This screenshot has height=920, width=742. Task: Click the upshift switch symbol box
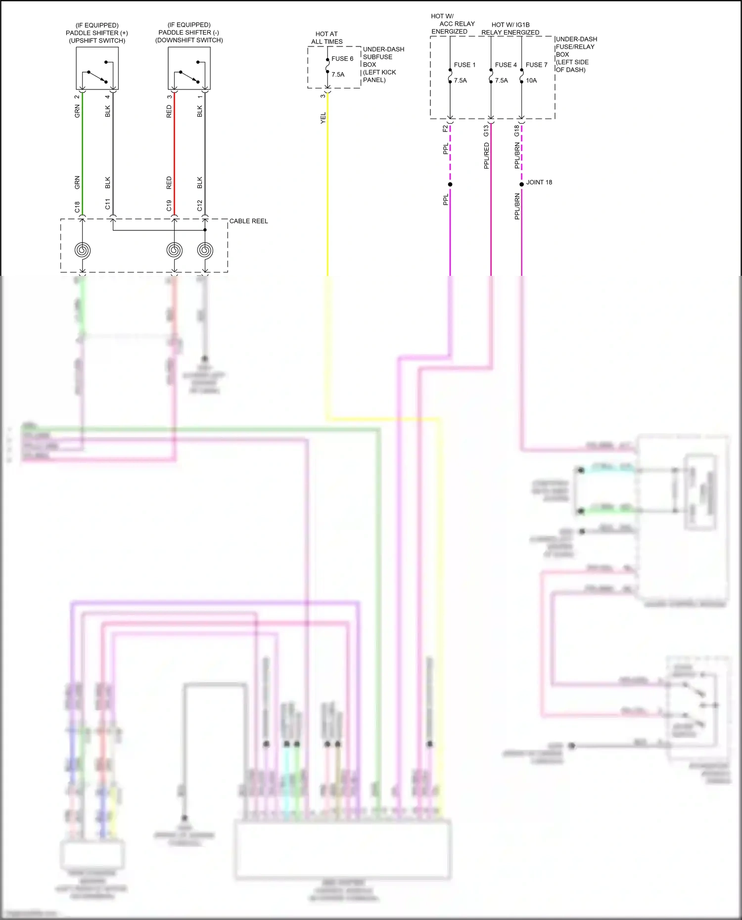pyautogui.click(x=97, y=68)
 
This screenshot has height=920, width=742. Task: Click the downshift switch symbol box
pyautogui.click(x=189, y=68)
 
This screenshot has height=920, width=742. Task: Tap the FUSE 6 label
pyautogui.click(x=342, y=59)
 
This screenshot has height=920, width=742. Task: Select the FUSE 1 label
pyautogui.click(x=464, y=65)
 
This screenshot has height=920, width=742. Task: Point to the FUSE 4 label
pyautogui.click(x=506, y=65)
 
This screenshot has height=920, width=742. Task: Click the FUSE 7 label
pyautogui.click(x=536, y=65)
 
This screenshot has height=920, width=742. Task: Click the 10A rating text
pyautogui.click(x=531, y=81)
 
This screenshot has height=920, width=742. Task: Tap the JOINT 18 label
pyautogui.click(x=539, y=182)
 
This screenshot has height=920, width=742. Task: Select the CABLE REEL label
pyautogui.click(x=248, y=221)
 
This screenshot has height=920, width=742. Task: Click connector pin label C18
pyautogui.click(x=77, y=207)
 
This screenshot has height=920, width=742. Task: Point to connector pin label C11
pyautogui.click(x=108, y=204)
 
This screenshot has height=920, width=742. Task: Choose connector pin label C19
pyautogui.click(x=169, y=206)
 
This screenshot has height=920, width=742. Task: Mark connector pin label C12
pyautogui.click(x=200, y=206)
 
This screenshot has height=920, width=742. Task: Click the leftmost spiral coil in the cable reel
pyautogui.click(x=83, y=250)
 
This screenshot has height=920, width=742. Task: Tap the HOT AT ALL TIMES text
pyautogui.click(x=326, y=38)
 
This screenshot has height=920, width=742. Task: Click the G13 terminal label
pyautogui.click(x=486, y=131)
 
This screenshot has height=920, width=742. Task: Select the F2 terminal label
pyautogui.click(x=445, y=129)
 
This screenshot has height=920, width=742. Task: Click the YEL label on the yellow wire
pyautogui.click(x=323, y=118)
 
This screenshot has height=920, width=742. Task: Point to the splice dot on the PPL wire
pyautogui.click(x=450, y=184)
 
